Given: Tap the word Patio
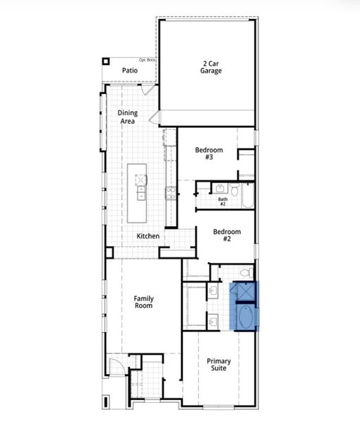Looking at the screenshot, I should coord(129,71).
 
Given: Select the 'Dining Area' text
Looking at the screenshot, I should coord(128,117).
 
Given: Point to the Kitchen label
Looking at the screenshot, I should coord(148,235).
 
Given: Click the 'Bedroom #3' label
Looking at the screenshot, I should coord(209,153).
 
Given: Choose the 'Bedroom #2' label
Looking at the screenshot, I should coord(227,235).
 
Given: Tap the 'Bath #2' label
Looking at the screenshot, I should coord(222,201).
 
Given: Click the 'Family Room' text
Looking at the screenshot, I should coord(144,302).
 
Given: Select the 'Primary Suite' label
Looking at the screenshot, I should coord(218,365).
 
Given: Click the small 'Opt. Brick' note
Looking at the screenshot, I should coord(146,60).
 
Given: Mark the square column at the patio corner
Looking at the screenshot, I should coord(106,61).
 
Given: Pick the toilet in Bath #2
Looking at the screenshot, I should coord(234,189).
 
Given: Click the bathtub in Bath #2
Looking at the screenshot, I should coord(247,194).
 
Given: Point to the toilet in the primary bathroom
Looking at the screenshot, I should coord(246,272).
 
